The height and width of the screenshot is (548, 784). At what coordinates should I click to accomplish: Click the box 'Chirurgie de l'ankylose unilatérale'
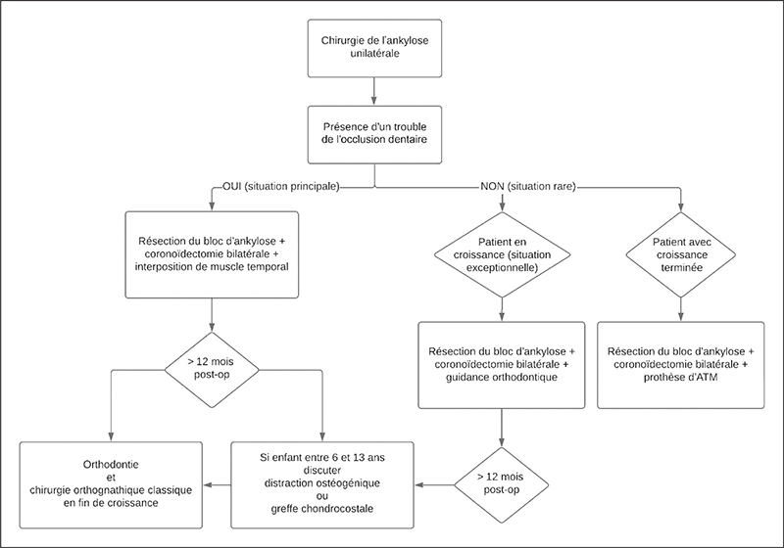(x=374, y=48)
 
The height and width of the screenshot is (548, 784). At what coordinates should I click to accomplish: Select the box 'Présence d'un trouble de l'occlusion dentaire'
(x=374, y=135)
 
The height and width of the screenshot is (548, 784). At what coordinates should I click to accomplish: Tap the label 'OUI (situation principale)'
(x=281, y=187)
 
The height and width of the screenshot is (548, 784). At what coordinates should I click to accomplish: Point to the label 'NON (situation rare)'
(x=528, y=187)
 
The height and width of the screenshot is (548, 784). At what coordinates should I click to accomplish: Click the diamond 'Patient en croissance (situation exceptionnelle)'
(x=502, y=254)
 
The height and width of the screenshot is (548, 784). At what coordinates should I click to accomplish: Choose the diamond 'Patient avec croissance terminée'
(x=680, y=254)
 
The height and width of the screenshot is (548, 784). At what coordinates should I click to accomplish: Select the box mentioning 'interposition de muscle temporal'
(x=212, y=254)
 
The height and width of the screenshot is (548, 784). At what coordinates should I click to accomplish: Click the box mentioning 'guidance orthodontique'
(x=502, y=365)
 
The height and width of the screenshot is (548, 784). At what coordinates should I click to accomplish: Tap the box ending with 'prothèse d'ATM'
(x=680, y=365)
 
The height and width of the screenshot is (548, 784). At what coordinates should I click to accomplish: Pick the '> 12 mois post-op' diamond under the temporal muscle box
(x=212, y=370)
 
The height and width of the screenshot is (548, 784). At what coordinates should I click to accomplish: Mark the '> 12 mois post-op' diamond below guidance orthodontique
(x=502, y=484)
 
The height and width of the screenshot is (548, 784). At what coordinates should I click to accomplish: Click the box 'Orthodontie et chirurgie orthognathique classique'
(x=111, y=484)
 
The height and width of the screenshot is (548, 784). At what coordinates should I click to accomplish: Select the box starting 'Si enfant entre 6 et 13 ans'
(x=322, y=484)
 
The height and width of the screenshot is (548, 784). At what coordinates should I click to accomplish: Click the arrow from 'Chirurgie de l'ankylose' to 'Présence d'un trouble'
(x=374, y=91)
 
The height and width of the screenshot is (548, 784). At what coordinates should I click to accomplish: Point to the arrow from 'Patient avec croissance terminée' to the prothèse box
(x=680, y=309)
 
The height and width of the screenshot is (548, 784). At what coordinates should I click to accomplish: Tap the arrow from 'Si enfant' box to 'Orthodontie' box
(x=217, y=484)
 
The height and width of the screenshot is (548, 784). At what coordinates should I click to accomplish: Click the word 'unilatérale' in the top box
(x=374, y=54)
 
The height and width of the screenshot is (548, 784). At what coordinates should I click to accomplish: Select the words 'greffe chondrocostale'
(x=322, y=509)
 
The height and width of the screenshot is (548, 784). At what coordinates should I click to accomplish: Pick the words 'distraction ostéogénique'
(x=322, y=483)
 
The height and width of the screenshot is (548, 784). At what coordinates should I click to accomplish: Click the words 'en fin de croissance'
(x=111, y=503)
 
